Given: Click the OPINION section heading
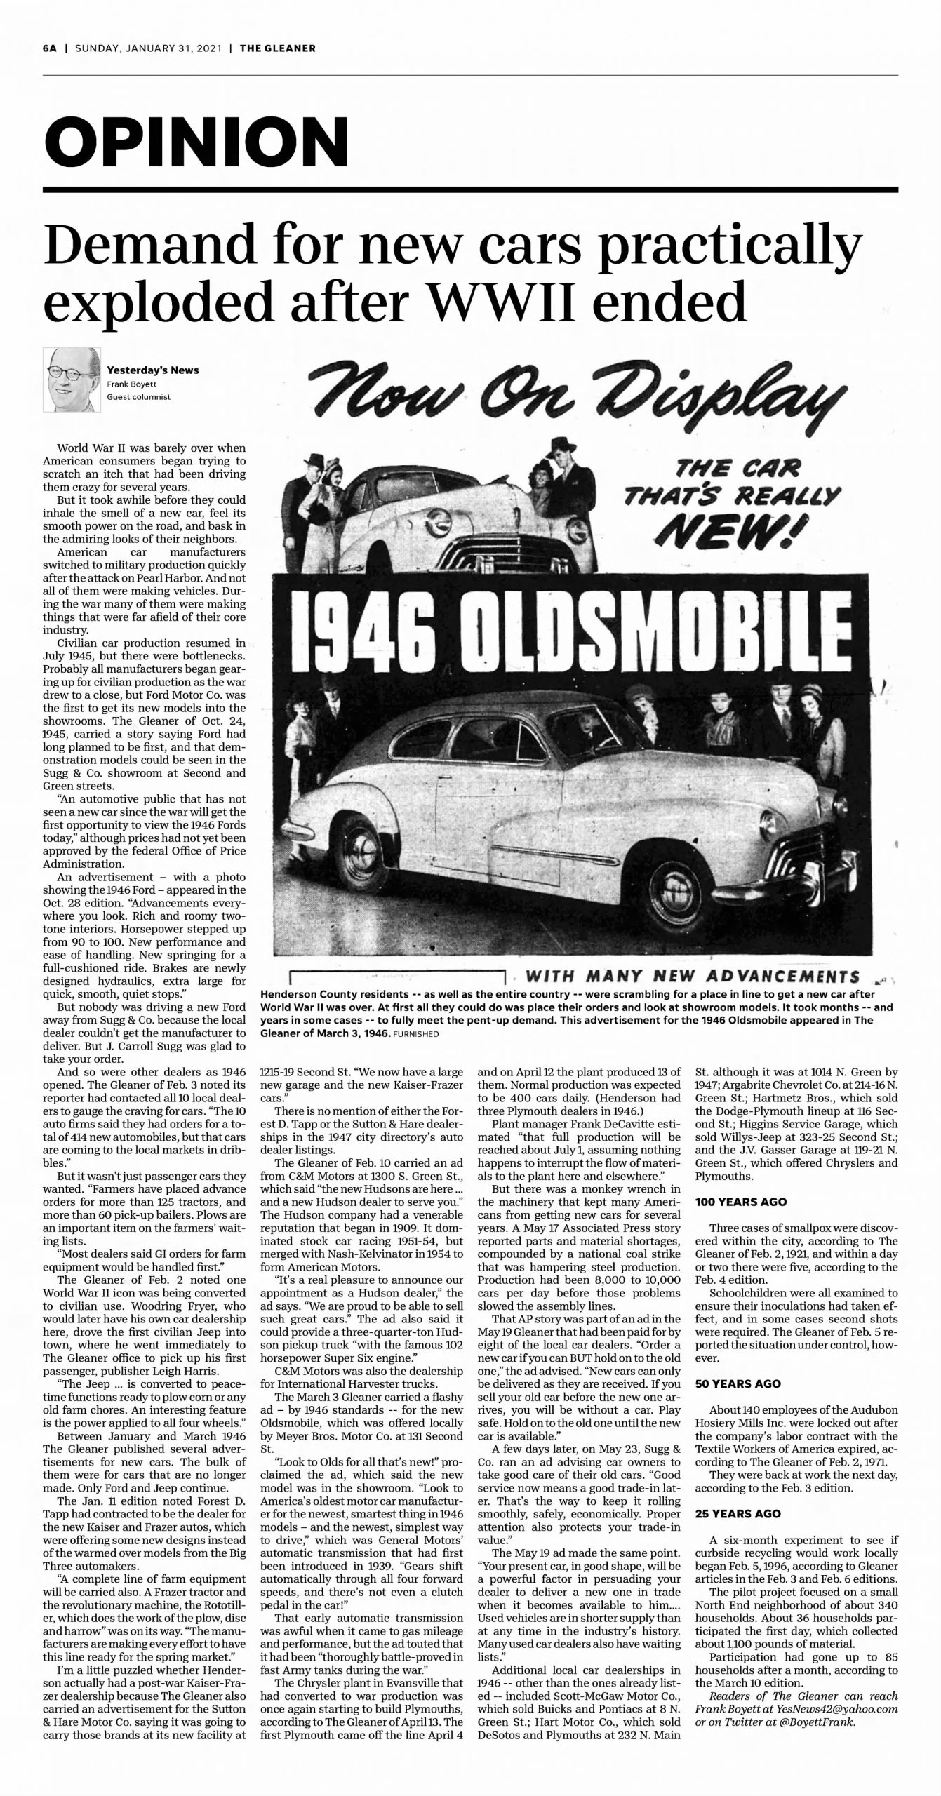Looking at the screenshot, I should pos(196,140).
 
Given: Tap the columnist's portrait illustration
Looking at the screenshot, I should pos(71,380).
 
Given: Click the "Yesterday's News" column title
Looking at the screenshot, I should pos(152,370).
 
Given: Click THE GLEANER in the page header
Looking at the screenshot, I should pos(277,48).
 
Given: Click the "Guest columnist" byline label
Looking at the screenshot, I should pos(138,397).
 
